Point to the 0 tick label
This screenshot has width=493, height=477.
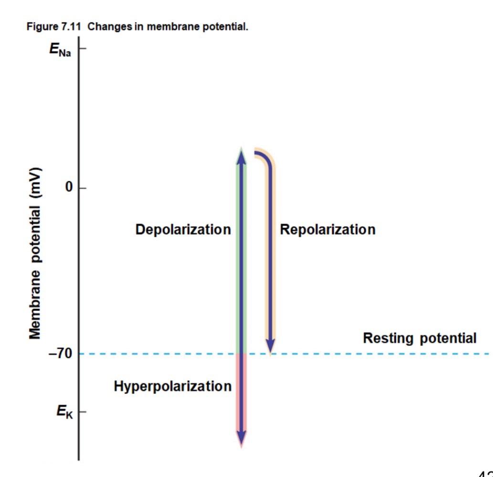pyautogui.click(x=70, y=188)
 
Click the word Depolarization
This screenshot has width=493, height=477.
pyautogui.click(x=183, y=230)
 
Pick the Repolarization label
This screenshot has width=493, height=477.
pyautogui.click(x=327, y=230)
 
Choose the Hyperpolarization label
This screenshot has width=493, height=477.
pyautogui.click(x=172, y=386)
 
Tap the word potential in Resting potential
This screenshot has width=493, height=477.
pyautogui.click(x=448, y=339)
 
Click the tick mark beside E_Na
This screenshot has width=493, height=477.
pyautogui.click(x=82, y=49)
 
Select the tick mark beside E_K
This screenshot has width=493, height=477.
pyautogui.click(x=82, y=412)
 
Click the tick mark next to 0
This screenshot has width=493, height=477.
pyautogui.click(x=82, y=188)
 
